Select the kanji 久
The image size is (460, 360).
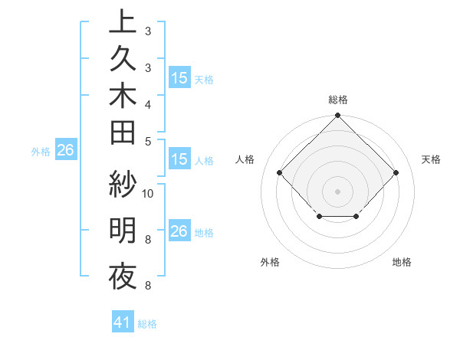pos(123,60)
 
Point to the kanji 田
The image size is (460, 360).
pos(123,133)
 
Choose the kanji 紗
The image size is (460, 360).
pos(123,184)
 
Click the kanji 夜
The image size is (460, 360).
pos(123,276)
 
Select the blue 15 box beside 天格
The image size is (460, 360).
pos(179,78)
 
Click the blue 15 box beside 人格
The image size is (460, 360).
pos(179,159)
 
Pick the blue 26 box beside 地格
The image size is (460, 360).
pos(179,231)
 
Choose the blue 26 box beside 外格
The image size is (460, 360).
pos(65,151)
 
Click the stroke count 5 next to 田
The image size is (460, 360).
pos(147,141)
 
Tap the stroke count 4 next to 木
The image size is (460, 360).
pos(147,103)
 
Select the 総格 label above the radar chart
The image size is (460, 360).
pos(337,100)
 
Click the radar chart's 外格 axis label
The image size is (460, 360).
pos(270,262)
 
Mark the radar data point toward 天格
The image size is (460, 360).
pos(396,172)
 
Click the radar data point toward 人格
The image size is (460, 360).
pos(280,172)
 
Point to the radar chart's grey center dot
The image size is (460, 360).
pos(337,191)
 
